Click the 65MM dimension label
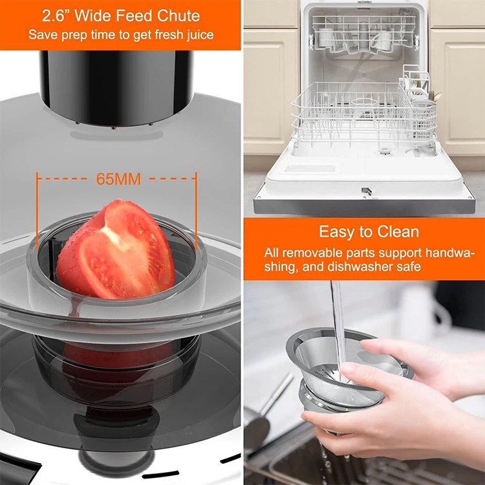pyautogui.click(x=118, y=179)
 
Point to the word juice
pyautogui.click(x=199, y=34)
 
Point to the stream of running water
pyautogui.click(x=338, y=323)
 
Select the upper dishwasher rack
pyautogui.click(x=362, y=36)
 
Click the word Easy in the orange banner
pyautogui.click(x=332, y=232)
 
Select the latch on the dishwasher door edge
pyautogui.click(x=366, y=191)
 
